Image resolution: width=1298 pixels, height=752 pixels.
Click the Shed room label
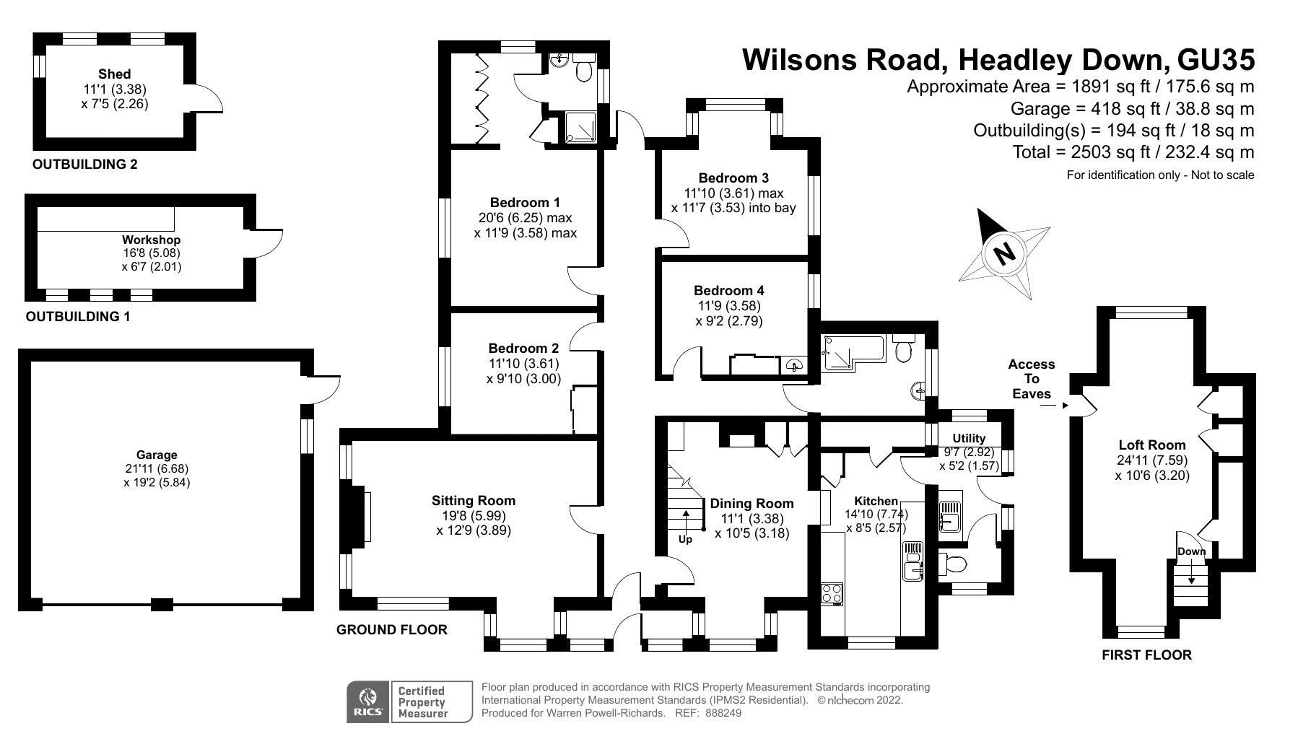114,74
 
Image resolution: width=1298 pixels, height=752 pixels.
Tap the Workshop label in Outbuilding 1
151,240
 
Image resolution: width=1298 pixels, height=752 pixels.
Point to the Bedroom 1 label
524,203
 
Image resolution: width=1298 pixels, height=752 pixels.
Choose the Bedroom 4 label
728,291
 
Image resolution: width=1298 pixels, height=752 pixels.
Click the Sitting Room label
474,501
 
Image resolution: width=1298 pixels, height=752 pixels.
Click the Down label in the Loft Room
1191,552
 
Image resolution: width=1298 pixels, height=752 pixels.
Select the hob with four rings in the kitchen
832,593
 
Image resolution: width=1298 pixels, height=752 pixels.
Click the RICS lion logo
368,701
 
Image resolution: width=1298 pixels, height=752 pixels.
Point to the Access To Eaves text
1032,379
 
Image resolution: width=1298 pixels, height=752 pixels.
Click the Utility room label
968,439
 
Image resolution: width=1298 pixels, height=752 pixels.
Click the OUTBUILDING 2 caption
84,165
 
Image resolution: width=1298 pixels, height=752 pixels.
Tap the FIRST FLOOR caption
1146,655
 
